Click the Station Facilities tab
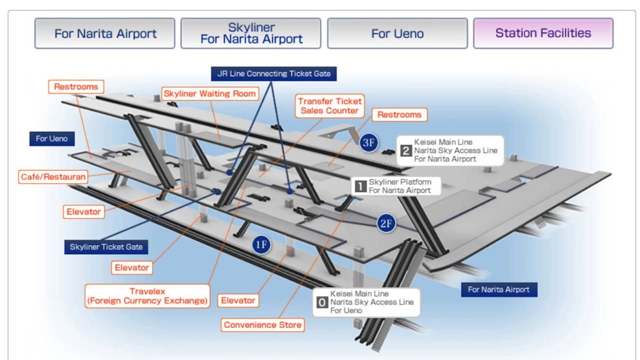point(543,33)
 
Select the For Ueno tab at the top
point(397,33)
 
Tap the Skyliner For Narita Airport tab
point(251,33)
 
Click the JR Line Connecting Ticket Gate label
point(273,73)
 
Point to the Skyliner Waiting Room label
point(210,93)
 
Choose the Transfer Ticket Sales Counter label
point(329,106)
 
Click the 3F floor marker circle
point(369,142)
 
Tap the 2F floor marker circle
point(386,223)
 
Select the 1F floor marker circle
point(261,245)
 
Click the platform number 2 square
point(405,150)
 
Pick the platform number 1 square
point(360,186)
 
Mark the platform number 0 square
point(322,302)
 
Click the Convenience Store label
point(262,325)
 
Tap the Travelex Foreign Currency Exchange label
point(147,296)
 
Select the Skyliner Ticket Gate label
point(106,247)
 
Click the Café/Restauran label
point(53,177)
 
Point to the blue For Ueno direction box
point(51,139)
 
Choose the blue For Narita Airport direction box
point(499,289)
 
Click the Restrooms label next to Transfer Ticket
point(399,115)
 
